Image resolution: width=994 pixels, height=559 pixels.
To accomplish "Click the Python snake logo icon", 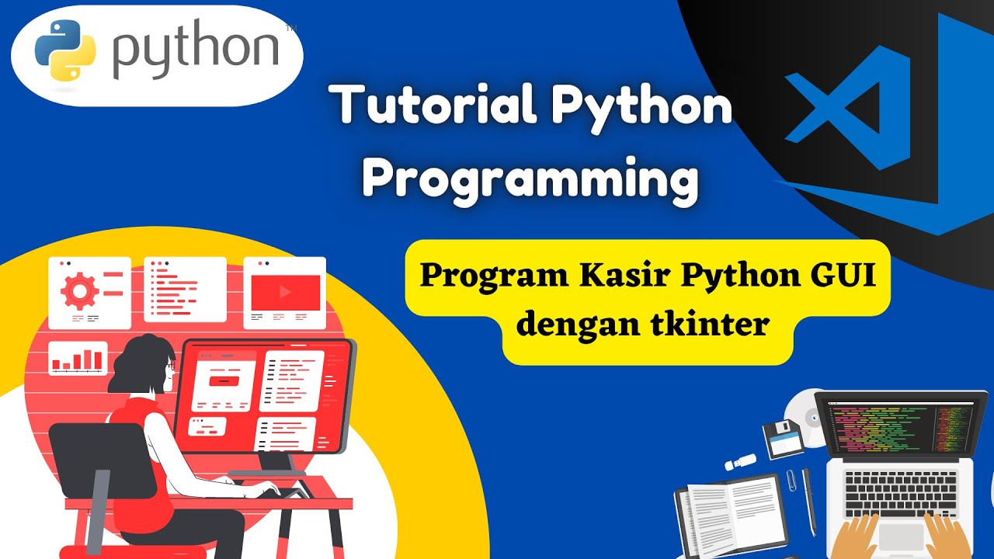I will point(65,50).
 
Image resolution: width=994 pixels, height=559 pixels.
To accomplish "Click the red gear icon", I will point(79,290).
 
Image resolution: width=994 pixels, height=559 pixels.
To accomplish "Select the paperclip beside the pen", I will point(791,479).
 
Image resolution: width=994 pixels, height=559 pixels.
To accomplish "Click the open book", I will point(730,512).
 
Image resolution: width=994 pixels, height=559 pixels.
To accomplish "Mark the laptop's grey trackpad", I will point(901,536).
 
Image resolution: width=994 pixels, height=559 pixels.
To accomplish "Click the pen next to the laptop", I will point(809,502).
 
